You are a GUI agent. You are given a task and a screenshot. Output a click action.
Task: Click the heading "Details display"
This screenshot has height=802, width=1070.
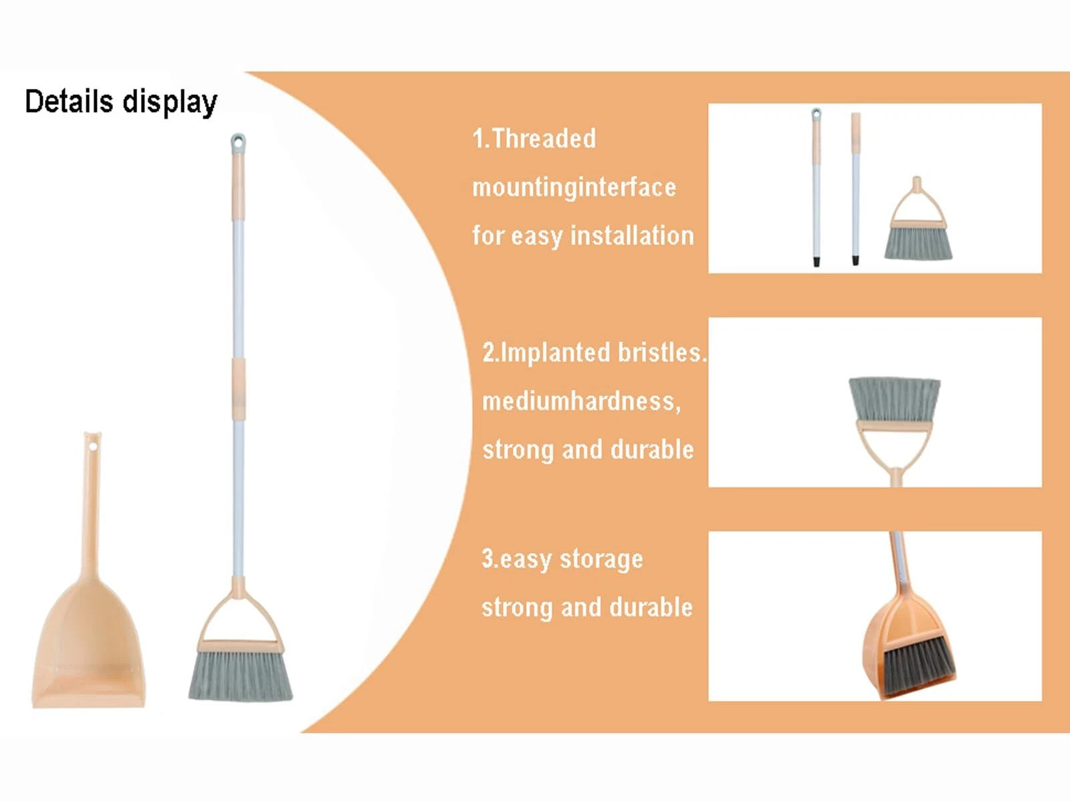coord(121,102)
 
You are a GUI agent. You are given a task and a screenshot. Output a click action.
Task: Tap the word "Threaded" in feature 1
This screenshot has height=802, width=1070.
coord(544,139)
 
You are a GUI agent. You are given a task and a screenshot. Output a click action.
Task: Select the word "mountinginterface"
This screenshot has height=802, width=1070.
coord(574,187)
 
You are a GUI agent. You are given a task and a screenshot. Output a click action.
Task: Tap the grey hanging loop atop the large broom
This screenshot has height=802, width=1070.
coord(238,142)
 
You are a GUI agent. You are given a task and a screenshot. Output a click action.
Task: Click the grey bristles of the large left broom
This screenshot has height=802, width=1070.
coord(241,676)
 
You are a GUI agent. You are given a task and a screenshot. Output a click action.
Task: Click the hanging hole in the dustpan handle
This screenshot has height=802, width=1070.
coord(94,446)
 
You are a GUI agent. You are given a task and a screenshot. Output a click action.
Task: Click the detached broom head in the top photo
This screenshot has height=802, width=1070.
coord(918,224)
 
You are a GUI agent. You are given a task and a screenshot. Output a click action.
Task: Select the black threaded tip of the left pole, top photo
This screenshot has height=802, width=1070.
coord(817,261)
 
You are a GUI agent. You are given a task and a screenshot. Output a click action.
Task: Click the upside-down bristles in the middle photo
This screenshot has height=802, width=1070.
coord(895,400)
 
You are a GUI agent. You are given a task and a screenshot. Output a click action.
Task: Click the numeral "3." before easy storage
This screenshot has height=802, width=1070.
coord(490,558)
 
